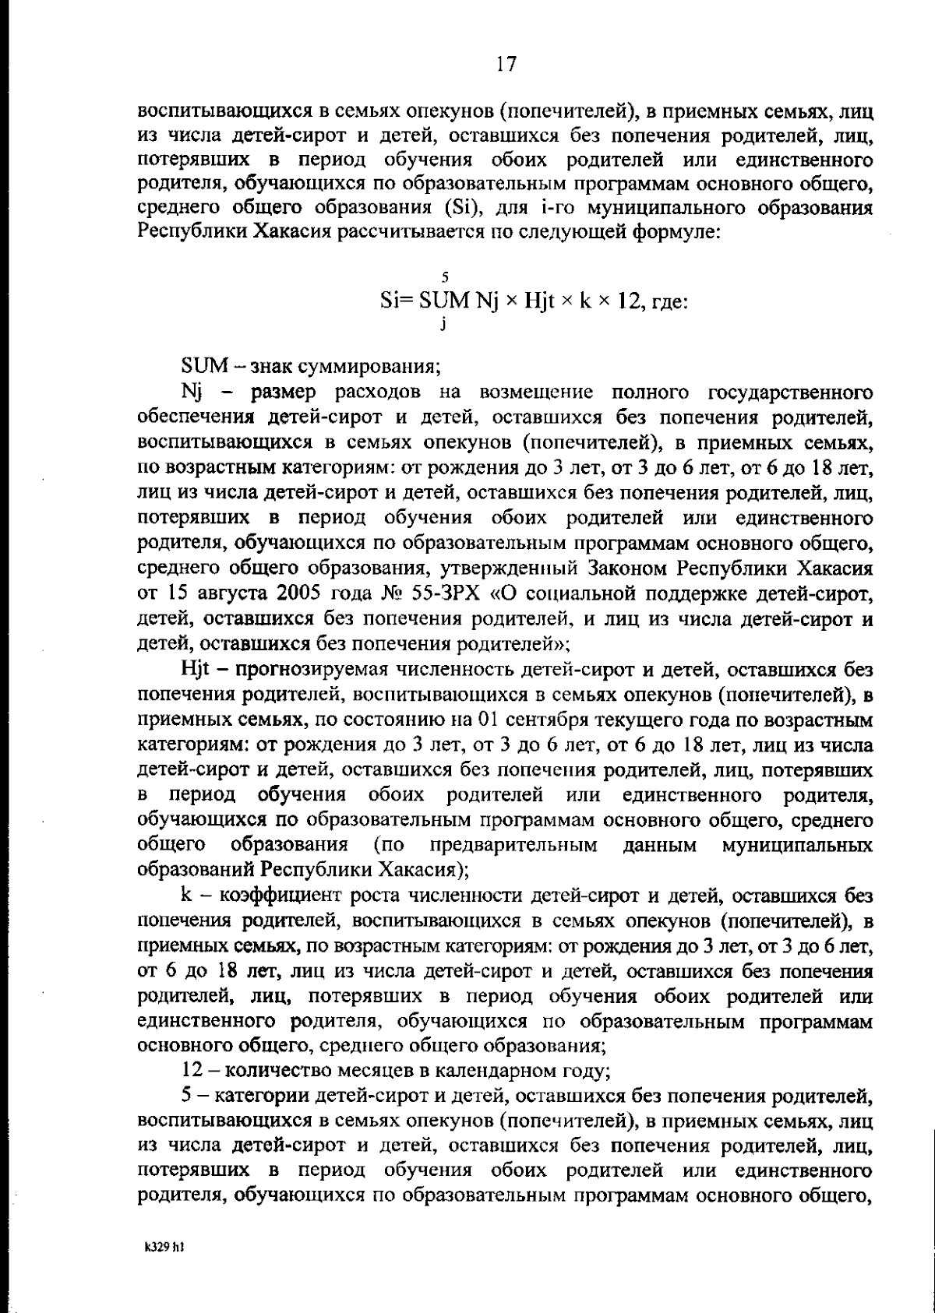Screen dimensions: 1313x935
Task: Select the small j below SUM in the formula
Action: [442, 326]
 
